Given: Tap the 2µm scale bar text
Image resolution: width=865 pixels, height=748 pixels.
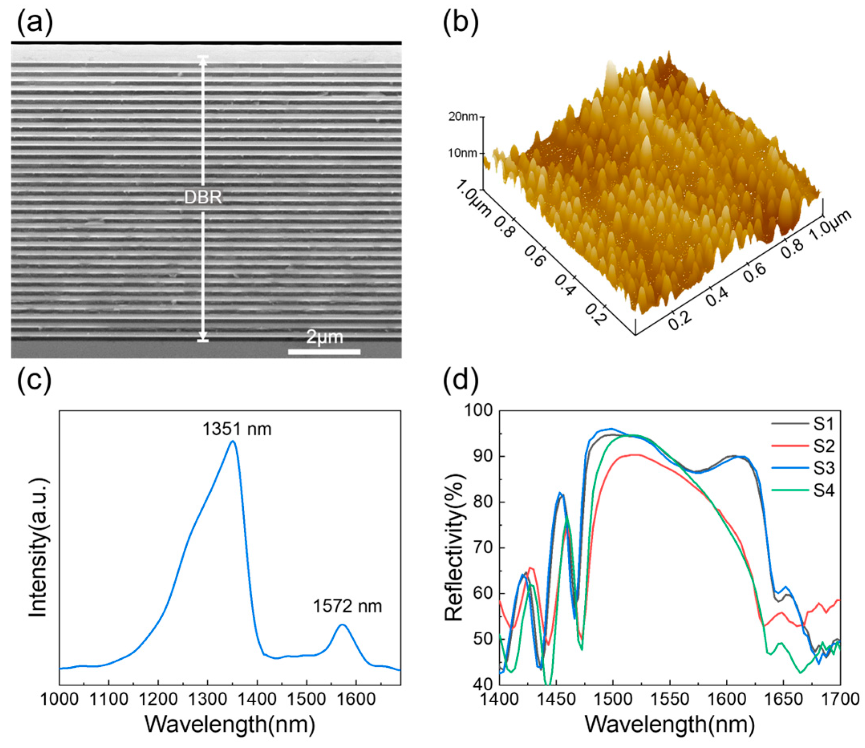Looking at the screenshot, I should [x=324, y=337].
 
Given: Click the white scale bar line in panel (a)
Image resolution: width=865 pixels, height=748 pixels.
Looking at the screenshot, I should [x=324, y=352].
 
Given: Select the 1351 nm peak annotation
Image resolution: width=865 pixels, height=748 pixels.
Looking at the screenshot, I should [x=237, y=429].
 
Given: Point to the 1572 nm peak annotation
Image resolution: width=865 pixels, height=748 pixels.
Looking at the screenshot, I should [x=347, y=606].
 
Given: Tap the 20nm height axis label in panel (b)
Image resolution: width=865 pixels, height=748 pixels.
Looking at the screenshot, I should [x=462, y=117].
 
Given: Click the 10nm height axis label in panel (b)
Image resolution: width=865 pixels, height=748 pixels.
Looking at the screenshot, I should [x=462, y=153].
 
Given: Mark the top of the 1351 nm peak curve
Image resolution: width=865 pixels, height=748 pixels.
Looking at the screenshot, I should [x=233, y=441].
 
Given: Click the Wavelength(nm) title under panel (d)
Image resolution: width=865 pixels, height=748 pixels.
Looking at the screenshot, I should [x=670, y=725].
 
